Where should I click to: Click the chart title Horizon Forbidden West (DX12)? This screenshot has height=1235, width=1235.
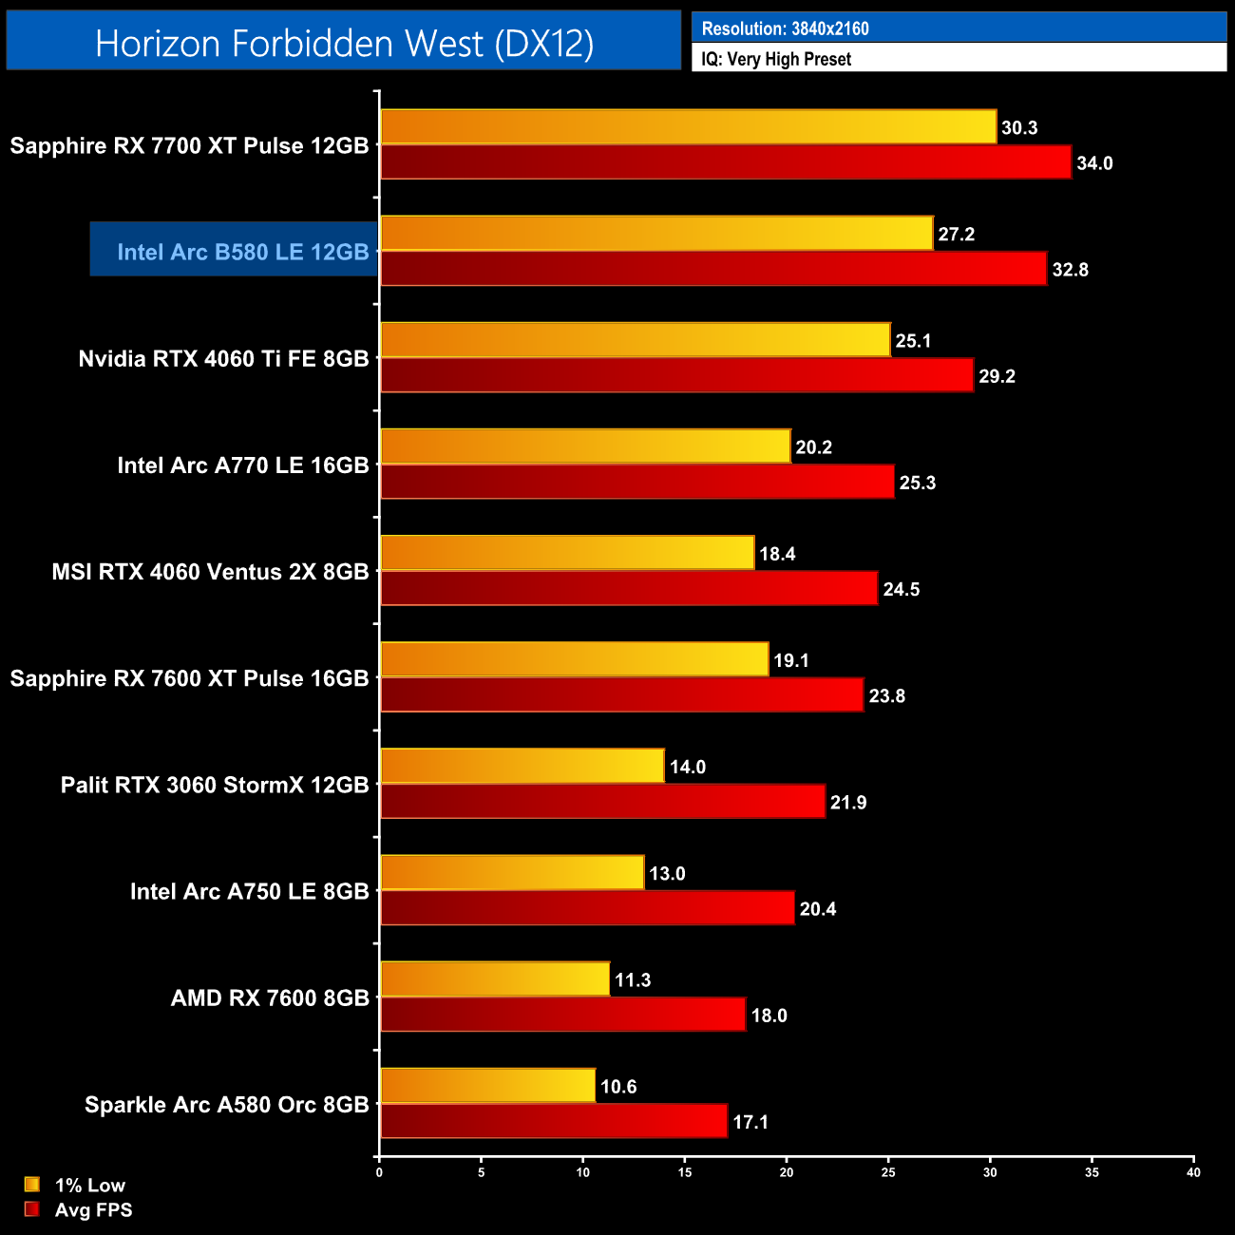(344, 43)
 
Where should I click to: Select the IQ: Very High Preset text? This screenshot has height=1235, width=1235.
(776, 59)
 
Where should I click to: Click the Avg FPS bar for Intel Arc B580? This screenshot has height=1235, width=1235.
(712, 269)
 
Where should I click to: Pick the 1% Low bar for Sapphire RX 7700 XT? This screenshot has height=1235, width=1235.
(688, 127)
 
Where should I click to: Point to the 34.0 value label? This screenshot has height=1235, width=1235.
(1094, 163)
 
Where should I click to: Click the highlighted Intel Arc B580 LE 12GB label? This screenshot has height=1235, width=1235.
(242, 252)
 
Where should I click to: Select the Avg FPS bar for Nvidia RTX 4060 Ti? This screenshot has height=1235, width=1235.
(676, 375)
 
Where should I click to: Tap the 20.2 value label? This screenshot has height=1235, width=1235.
(813, 447)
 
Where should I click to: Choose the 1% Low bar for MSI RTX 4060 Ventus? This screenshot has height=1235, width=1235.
(567, 553)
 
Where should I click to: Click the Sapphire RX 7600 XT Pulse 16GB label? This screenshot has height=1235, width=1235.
(189, 678)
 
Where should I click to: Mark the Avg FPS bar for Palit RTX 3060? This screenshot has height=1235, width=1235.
(602, 802)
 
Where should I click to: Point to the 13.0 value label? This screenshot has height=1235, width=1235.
(667, 873)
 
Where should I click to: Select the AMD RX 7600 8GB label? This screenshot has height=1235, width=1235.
(270, 997)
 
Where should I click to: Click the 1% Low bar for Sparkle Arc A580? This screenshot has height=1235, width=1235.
(487, 1086)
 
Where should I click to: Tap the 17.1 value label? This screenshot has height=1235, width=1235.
(750, 1122)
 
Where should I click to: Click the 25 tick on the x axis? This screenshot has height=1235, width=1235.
(888, 1172)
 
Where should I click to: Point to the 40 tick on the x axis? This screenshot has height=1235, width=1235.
(1193, 1172)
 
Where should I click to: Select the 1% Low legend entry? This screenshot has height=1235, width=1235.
(76, 1185)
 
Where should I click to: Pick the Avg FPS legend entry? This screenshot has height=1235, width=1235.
(79, 1209)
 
